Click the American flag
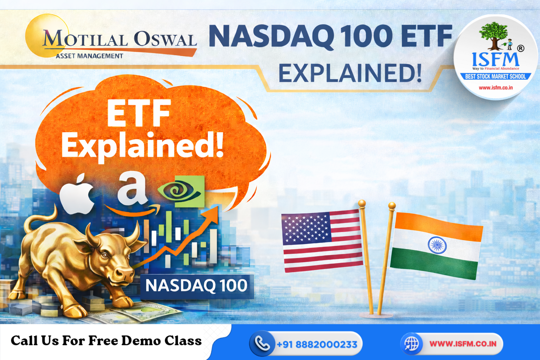click(x=322, y=241)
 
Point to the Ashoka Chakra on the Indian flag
click(x=437, y=245)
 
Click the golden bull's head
click(x=112, y=257)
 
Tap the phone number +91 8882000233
click(x=317, y=345)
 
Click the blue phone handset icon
click(x=262, y=344)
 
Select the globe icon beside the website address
click(x=412, y=343)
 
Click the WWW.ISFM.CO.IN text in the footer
click(x=463, y=343)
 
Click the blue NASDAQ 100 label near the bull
click(x=197, y=285)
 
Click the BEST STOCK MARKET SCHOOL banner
click(x=495, y=76)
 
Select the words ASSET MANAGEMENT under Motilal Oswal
click(x=89, y=56)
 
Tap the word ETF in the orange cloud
click(x=139, y=113)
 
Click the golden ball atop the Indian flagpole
click(x=392, y=205)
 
